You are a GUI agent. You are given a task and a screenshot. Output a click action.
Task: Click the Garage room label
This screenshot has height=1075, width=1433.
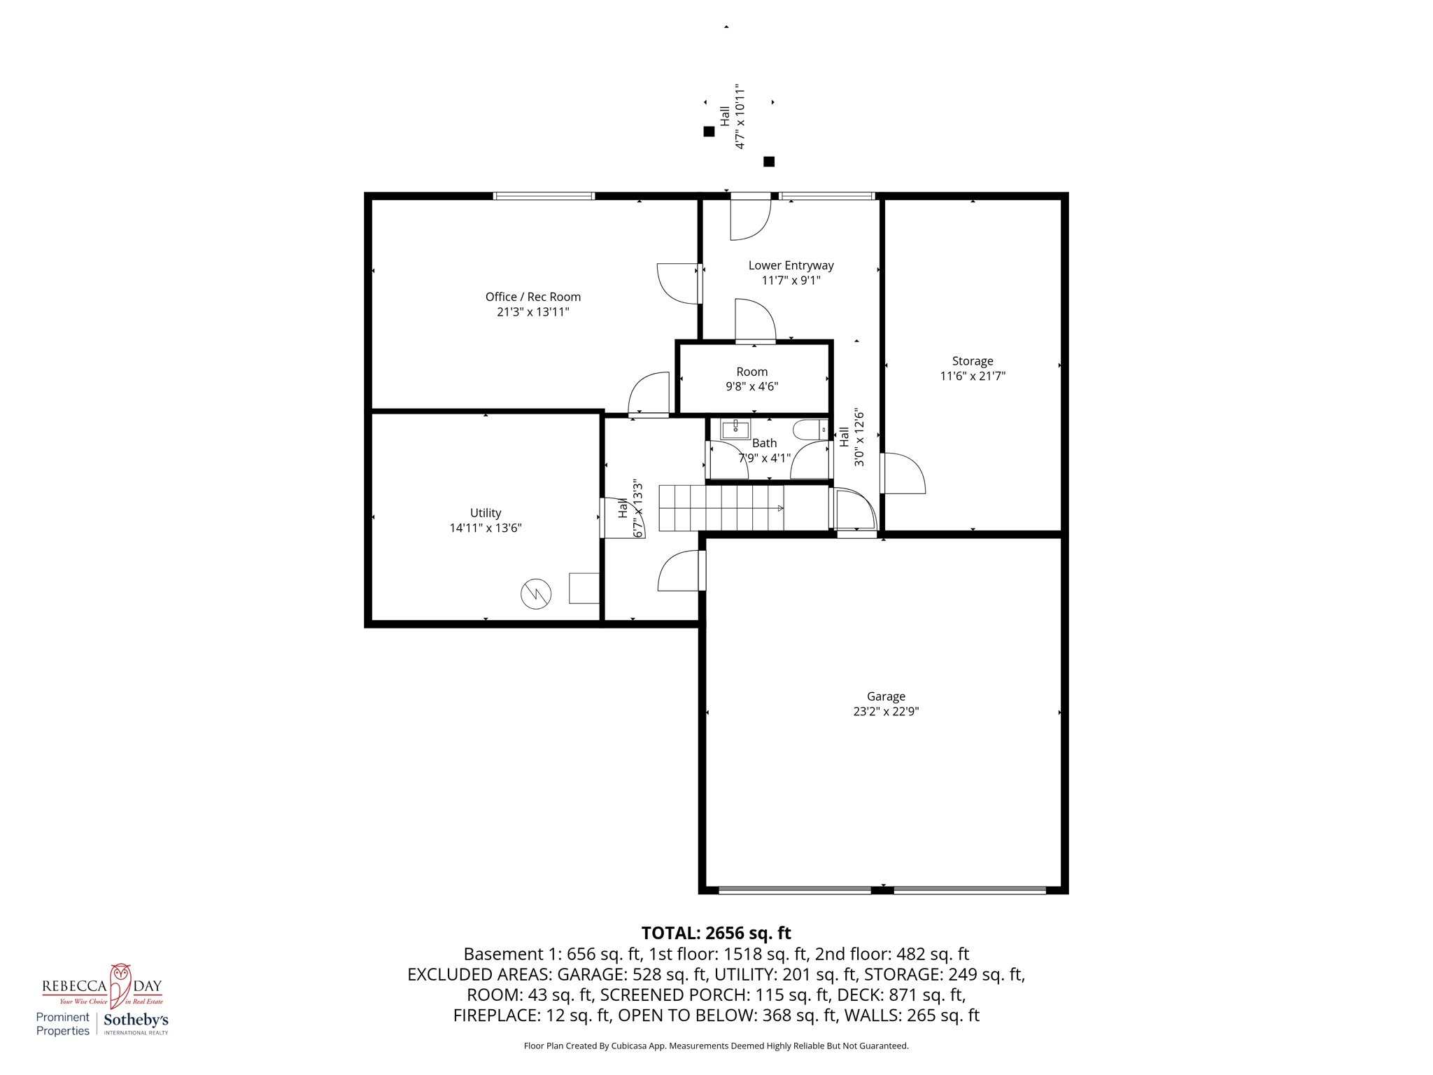coord(886,696)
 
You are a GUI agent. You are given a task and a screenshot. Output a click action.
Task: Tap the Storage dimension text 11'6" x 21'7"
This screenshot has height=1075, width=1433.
coord(972,377)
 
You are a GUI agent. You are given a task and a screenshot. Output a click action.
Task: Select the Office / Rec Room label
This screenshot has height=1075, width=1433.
coord(533,297)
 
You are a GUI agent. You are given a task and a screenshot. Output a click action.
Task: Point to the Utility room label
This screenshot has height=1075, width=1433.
coord(485,513)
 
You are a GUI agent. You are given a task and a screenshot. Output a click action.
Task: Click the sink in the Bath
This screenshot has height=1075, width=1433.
coord(735,429)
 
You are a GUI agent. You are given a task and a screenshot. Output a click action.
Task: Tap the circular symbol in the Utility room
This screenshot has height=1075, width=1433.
coord(536,594)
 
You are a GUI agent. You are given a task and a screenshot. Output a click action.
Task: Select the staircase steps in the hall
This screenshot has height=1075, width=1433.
coord(721,508)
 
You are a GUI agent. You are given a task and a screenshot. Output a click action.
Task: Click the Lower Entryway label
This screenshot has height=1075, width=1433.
coord(791,265)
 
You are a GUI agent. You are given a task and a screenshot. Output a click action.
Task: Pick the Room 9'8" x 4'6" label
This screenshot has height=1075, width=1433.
coord(751,379)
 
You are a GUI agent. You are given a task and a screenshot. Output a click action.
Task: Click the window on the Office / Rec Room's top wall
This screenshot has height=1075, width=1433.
coord(544,196)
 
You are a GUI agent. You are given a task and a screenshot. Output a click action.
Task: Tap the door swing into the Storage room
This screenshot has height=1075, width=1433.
coord(904,474)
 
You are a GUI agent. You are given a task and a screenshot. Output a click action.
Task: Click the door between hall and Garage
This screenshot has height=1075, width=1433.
coord(680,571)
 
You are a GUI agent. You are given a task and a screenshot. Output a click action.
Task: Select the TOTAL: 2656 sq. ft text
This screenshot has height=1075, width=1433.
coord(716,933)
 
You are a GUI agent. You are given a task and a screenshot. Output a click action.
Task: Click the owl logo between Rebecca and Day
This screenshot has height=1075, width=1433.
coord(120,984)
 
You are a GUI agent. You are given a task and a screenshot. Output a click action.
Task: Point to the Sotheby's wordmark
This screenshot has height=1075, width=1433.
coord(136,1020)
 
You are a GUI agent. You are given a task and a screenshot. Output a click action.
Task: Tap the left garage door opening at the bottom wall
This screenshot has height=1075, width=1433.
coord(794,890)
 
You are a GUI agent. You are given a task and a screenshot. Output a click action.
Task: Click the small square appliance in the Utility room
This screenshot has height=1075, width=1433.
coord(584,588)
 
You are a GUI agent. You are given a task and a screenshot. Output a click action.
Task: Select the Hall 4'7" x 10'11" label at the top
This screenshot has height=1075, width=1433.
coord(732,117)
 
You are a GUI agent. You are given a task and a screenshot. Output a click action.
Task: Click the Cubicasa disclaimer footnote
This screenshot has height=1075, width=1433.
coord(716,1046)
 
